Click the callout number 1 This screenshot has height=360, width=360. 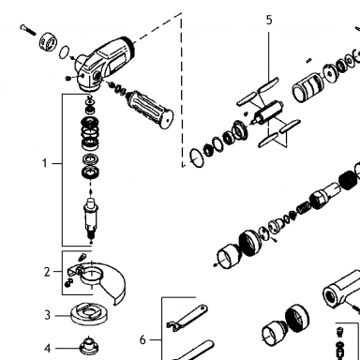[x=45, y=163]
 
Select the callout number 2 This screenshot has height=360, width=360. [x=47, y=272]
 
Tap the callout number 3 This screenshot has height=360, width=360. [x=47, y=315]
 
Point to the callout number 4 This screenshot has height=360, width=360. [x=47, y=348]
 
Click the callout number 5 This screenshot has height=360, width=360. [x=269, y=20]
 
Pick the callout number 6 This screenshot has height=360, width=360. [x=142, y=339]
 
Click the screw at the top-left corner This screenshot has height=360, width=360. [x=28, y=30]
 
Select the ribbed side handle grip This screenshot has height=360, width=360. [x=150, y=109]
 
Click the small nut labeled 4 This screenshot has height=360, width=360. [x=89, y=346]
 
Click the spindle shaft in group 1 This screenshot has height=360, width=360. [x=91, y=218]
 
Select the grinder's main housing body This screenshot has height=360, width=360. [x=105, y=64]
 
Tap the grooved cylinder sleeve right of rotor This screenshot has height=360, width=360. [x=308, y=88]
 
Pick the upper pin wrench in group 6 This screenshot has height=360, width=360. [x=187, y=317]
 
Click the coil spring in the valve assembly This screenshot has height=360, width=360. [x=303, y=207]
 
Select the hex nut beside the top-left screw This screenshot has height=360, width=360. [x=49, y=41]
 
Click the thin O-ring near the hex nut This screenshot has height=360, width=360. [x=65, y=52]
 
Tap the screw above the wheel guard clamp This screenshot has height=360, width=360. [x=82, y=258]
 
